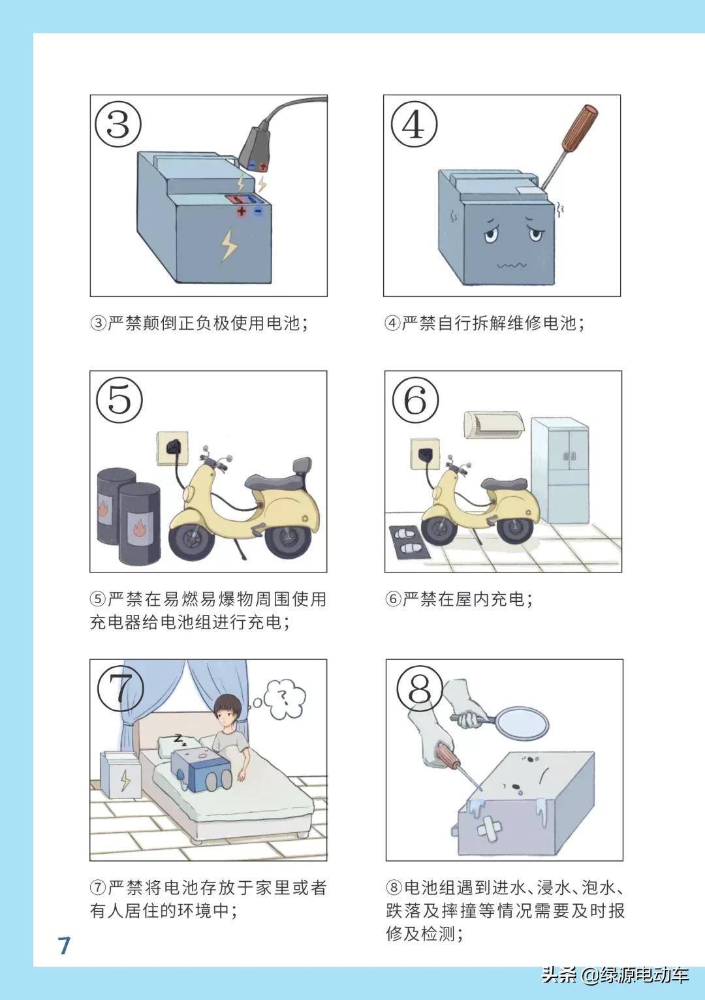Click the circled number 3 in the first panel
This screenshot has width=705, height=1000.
pyautogui.click(x=118, y=124)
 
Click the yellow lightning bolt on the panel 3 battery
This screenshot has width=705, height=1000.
pyautogui.click(x=228, y=245)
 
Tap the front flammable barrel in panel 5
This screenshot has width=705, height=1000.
pyautogui.click(x=139, y=523)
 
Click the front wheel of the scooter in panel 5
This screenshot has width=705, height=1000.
pyautogui.click(x=191, y=539)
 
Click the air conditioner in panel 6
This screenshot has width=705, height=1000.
pyautogui.click(x=493, y=424)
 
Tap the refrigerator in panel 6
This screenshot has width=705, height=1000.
pyautogui.click(x=561, y=470)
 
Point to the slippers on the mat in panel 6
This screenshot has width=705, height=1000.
pyautogui.click(x=409, y=541)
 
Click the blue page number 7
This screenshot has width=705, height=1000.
pyautogui.click(x=64, y=945)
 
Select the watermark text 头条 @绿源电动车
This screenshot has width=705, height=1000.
pyautogui.click(x=615, y=975)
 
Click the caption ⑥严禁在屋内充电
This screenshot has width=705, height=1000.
pyautogui.click(x=460, y=599)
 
